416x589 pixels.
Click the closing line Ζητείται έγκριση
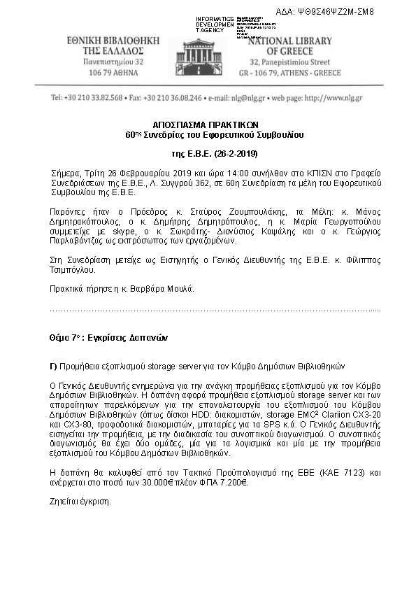coord(80,502)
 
